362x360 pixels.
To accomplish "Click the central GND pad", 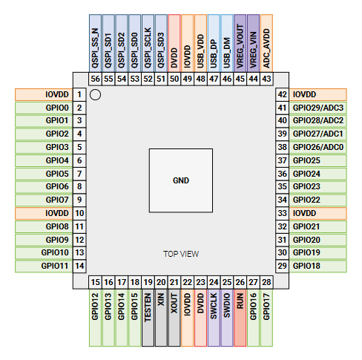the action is click(181, 180).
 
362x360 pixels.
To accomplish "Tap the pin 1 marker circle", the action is click(95, 94).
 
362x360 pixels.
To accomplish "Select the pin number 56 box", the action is click(95, 79).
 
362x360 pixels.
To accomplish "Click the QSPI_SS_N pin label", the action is click(95, 43).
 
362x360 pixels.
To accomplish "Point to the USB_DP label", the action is click(214, 43).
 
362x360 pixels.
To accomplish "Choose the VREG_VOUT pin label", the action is click(240, 43).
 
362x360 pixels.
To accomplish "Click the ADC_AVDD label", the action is click(266, 43).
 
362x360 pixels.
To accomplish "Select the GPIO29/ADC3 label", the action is click(318, 108).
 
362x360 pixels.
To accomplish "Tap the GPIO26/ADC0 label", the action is click(318, 147).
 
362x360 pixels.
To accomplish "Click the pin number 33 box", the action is click(282, 213).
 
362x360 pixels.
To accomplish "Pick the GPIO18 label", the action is click(318, 266).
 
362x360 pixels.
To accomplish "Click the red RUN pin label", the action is click(240, 318).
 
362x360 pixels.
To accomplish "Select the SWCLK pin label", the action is click(214, 318).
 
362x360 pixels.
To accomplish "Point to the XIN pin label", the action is click(161, 318).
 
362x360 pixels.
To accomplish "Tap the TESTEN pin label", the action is click(148, 318).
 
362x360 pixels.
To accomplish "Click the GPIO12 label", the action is click(95, 318).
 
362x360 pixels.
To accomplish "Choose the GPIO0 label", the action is click(44, 108).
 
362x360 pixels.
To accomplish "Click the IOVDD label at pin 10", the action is click(44, 213).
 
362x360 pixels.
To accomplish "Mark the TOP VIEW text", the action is click(181, 254).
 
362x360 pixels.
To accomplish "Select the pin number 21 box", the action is click(174, 282).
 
